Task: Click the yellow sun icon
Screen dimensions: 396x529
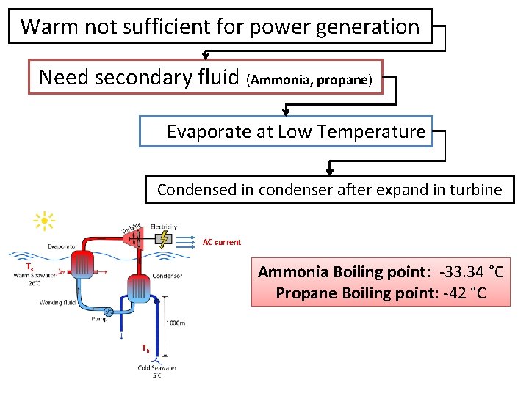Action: pos(45,220)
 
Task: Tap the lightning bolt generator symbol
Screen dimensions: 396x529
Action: pos(166,238)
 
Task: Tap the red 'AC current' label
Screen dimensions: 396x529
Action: pos(221,242)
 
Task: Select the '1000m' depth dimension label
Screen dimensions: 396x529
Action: pos(175,323)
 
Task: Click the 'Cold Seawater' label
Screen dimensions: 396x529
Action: pos(156,367)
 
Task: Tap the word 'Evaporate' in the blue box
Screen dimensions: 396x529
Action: pos(203,132)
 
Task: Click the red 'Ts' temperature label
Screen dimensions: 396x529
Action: pos(30,266)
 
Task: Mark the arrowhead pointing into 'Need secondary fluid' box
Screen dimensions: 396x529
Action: pos(206,56)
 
